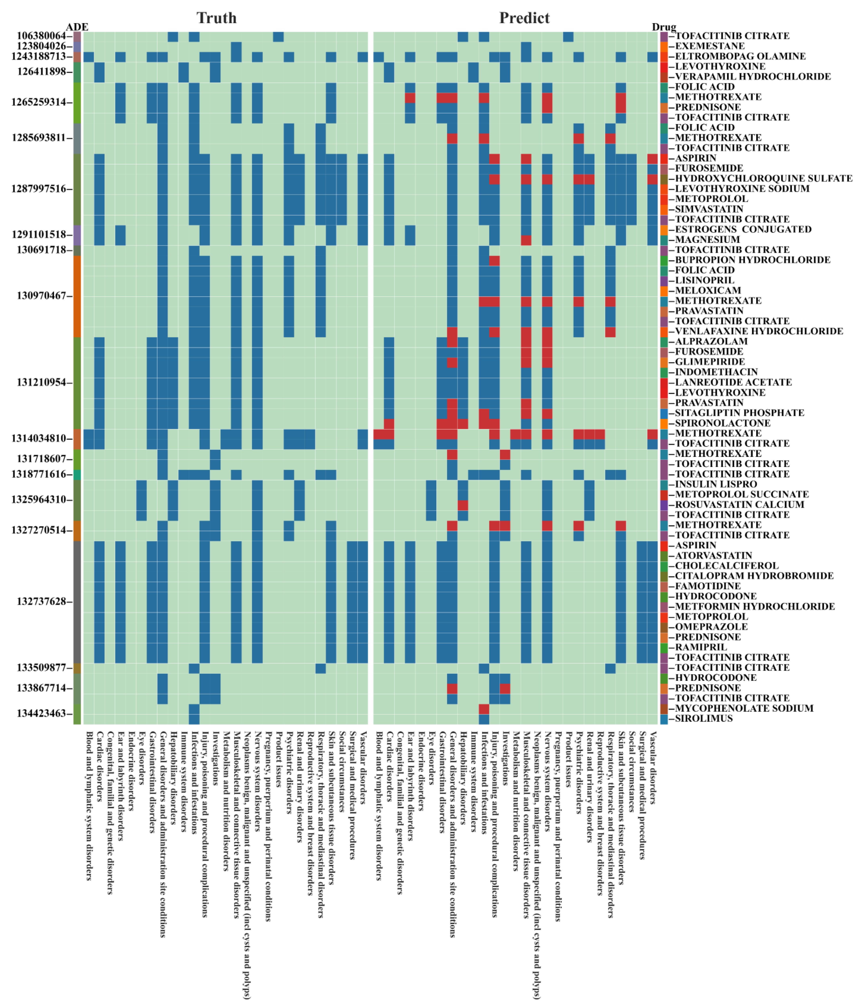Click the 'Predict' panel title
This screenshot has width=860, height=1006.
(524, 18)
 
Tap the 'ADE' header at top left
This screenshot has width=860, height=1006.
(77, 27)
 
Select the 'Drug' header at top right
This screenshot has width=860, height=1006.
(664, 27)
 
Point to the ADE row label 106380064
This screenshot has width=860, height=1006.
(41, 36)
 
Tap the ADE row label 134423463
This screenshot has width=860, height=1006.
(41, 713)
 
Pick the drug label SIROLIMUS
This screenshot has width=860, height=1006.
(704, 718)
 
